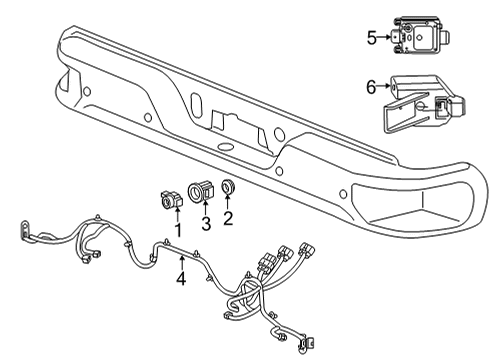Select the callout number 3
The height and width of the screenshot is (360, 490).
204,223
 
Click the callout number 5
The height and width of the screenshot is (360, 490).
371,38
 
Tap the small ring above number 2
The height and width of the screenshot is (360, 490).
228,188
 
